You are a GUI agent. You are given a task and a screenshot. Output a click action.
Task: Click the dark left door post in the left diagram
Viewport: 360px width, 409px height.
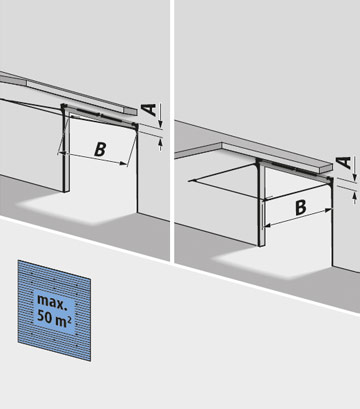click(65, 150)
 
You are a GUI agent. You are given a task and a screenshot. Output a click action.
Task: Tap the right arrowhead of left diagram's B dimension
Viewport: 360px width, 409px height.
click(130, 161)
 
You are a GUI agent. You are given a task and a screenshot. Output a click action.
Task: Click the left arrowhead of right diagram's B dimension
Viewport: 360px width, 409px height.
click(265, 200)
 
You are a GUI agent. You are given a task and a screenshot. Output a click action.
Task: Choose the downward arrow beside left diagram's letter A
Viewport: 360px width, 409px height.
click(157, 122)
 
